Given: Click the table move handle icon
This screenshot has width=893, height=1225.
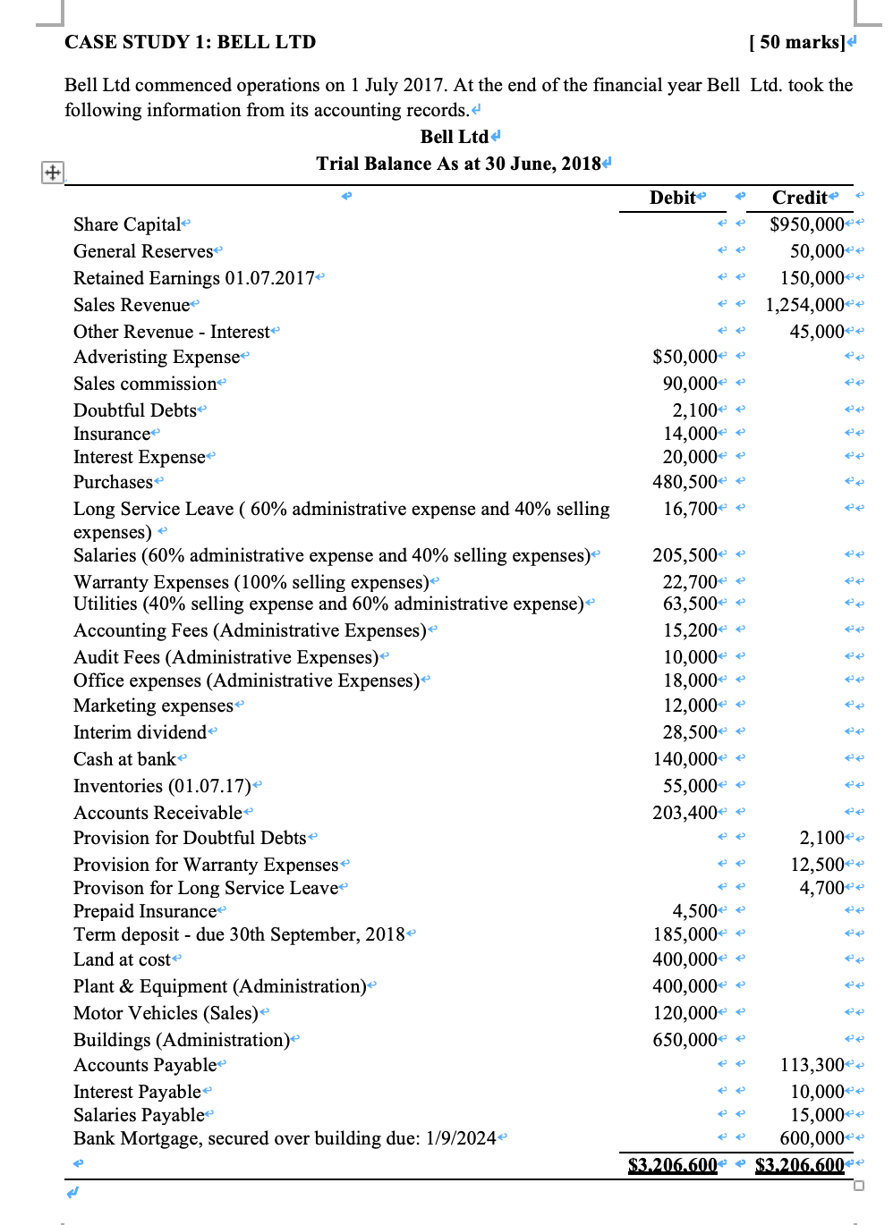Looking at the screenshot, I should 53,173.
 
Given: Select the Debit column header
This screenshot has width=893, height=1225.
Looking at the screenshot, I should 673,198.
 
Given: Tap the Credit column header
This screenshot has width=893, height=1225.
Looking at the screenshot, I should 799,198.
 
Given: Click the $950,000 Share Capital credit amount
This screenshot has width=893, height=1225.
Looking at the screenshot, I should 806,224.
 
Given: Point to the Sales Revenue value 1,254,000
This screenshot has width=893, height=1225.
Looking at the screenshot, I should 804,305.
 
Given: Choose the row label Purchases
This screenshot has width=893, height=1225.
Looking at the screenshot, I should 113,482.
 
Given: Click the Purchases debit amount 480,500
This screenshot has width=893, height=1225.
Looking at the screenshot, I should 685,482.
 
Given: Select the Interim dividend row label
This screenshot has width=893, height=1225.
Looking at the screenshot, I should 140,732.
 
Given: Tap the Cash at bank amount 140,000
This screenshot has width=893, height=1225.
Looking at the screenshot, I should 685,759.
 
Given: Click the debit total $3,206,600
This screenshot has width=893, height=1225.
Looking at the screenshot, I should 672,1165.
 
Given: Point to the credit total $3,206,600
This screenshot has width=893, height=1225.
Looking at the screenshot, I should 799,1165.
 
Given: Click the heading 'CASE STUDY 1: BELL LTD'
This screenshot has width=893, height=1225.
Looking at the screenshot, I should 190,42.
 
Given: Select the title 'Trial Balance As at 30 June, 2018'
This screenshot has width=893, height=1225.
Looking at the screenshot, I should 458,164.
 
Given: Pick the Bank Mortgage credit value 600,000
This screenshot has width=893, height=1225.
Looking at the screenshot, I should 812,1138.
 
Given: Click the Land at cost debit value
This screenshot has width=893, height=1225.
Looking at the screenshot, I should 685,959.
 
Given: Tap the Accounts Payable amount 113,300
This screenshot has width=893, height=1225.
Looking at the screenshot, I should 812,1065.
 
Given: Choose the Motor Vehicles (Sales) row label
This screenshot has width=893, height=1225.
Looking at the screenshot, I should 166,1013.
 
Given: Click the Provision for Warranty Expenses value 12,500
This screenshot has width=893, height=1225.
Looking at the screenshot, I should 817,865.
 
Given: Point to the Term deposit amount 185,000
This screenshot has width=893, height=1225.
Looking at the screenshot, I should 685,934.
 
